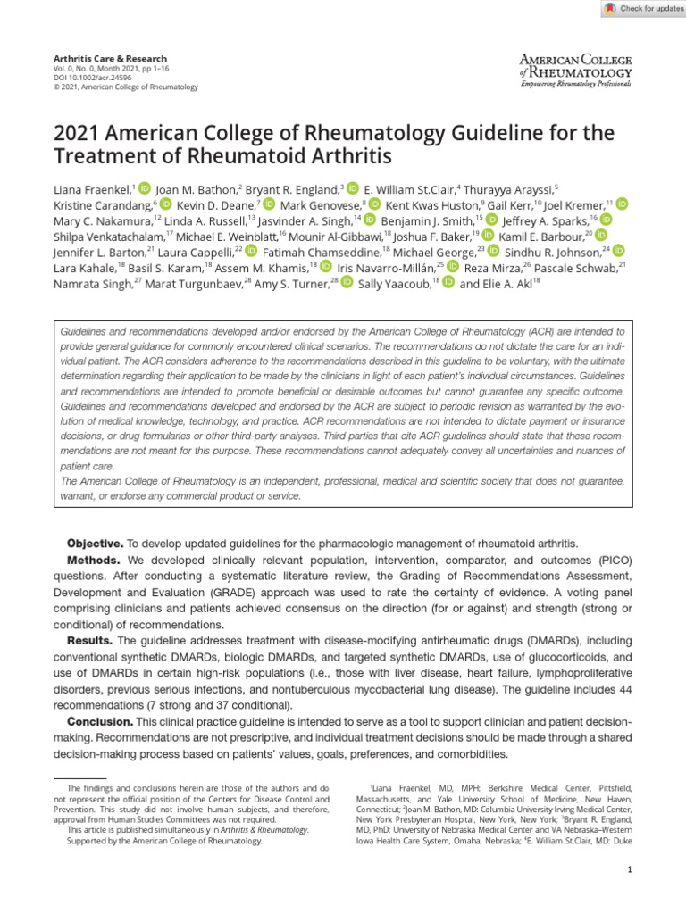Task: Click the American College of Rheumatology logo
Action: pyautogui.click(x=575, y=70)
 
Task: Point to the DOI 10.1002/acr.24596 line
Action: pyautogui.click(x=97, y=77)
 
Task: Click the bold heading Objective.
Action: pyautogui.click(x=96, y=544)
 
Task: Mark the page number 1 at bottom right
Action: pyautogui.click(x=630, y=869)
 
